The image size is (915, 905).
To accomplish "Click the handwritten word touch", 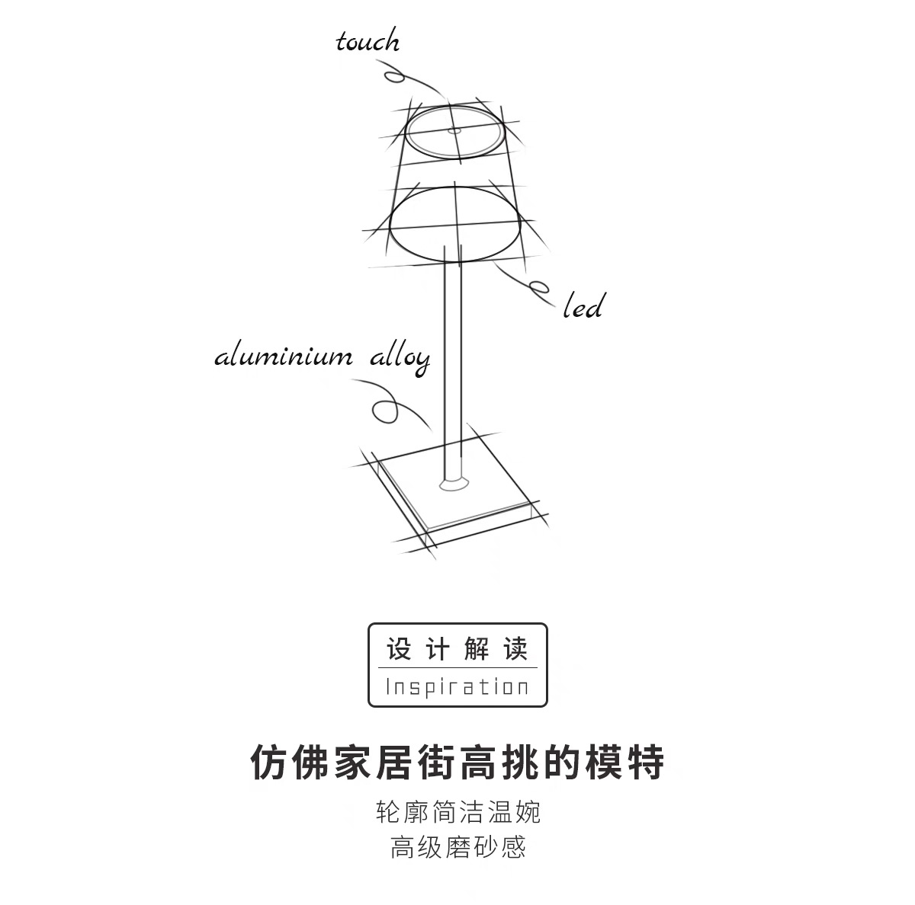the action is tap(368, 41).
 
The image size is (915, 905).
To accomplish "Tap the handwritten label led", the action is tap(583, 307).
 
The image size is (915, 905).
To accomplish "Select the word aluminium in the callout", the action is tap(284, 357).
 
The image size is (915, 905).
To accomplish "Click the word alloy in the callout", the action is tap(400, 358).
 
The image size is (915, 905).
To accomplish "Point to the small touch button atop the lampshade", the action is tap(454, 131).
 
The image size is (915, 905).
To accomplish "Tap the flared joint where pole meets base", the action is tap(454, 483).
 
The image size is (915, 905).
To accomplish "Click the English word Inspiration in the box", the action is tap(457, 687).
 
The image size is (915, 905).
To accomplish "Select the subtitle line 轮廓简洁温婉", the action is tap(457, 812).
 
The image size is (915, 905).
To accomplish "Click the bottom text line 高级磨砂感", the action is tap(457, 846).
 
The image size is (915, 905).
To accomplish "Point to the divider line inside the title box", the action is tap(457, 668).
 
